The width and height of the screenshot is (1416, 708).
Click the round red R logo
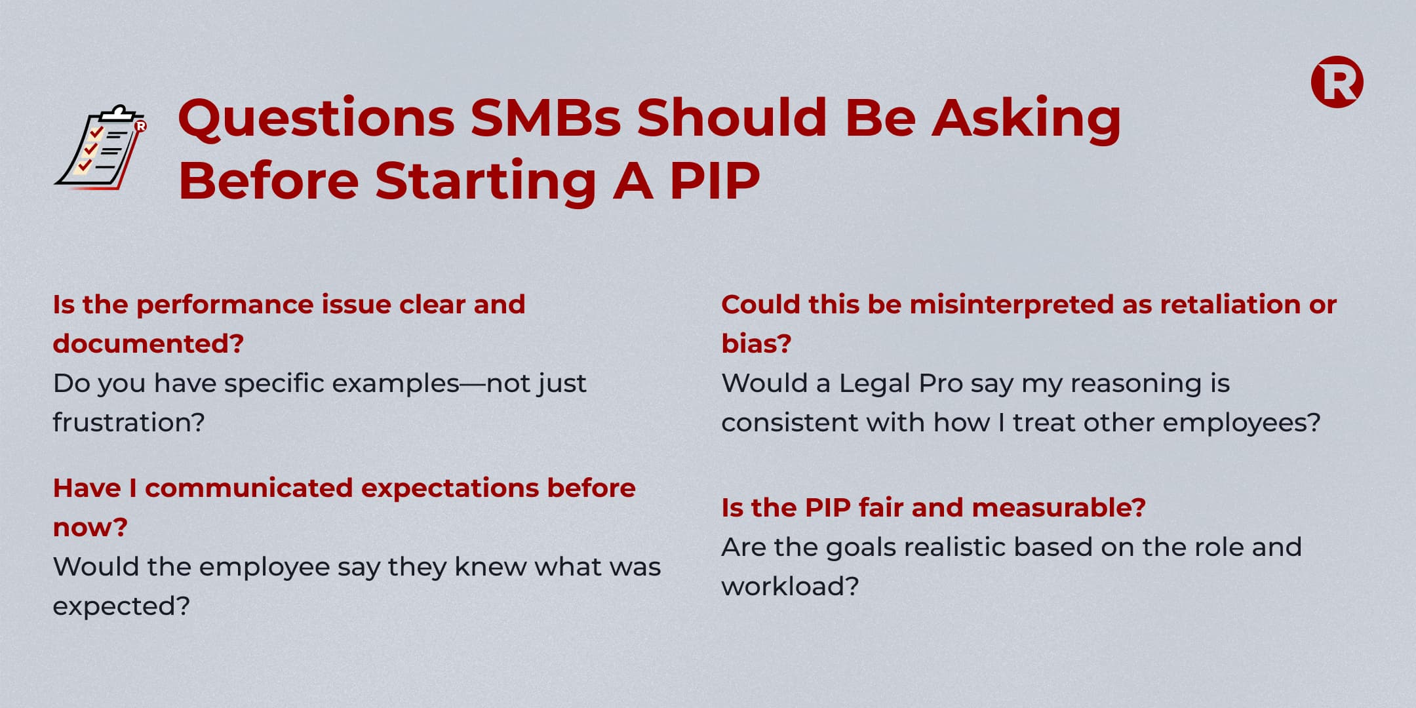(x=1337, y=82)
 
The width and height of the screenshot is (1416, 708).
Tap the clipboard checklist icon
(x=100, y=147)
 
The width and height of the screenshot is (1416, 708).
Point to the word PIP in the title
(x=715, y=180)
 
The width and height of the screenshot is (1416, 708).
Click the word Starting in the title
(x=485, y=182)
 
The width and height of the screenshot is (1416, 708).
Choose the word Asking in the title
(x=1026, y=119)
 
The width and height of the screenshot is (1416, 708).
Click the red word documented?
(x=148, y=344)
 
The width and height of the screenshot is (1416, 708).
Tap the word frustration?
(x=129, y=422)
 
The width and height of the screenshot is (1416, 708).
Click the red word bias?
(x=757, y=344)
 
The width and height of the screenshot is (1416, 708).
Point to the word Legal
(x=875, y=383)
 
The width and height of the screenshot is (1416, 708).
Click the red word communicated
(x=248, y=488)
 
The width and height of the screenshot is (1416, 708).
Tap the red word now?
(x=90, y=528)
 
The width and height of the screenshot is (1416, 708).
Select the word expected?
(x=121, y=606)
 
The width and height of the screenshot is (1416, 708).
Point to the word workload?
(x=790, y=586)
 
